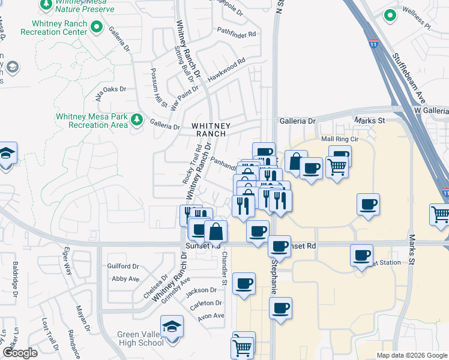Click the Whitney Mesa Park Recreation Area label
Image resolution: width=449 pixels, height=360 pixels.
coord(91,121)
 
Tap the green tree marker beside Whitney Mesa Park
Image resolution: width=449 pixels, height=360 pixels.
coord(137,119)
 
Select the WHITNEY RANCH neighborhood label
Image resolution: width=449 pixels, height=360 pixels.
coord(211,130)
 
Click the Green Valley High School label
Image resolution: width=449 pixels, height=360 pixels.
coord(132,338)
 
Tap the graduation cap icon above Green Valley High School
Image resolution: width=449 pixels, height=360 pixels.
coord(172,327)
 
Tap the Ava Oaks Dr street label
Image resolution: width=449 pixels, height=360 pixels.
coord(106,90)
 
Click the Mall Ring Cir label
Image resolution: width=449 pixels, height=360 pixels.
coord(340,139)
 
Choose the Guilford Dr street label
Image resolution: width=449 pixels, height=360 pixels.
coord(123,266)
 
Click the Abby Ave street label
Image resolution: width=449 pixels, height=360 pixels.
coord(125,278)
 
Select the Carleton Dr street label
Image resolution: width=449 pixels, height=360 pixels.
coord(206,304)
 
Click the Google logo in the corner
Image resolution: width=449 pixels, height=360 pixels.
coord(20,353)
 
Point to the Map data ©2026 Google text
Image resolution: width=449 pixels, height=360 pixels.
coord(411,355)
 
